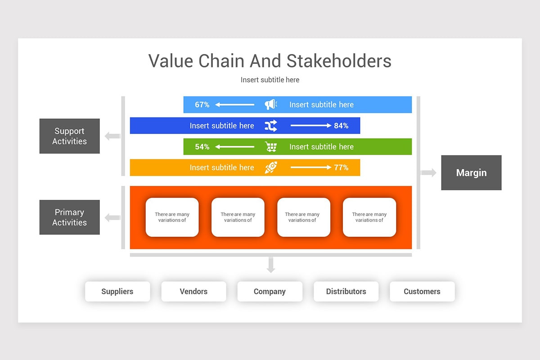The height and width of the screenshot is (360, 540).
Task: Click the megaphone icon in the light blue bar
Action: click(270, 104)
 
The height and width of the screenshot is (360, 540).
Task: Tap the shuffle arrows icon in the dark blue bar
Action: click(270, 126)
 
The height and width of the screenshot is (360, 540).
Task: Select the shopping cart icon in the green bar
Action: click(270, 147)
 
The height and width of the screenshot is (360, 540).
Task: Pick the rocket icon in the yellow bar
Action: click(270, 167)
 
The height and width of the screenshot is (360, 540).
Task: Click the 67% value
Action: click(202, 104)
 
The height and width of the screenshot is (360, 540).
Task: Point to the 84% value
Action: click(341, 126)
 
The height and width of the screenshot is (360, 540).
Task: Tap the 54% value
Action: click(202, 147)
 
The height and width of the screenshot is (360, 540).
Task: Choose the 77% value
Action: click(341, 167)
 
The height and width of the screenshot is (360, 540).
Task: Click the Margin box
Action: click(471, 173)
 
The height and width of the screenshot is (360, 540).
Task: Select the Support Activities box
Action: click(69, 136)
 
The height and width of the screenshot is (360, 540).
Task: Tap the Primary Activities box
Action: click(69, 217)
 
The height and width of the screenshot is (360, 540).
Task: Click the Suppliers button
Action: click(117, 292)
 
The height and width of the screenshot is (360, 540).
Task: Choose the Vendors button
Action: click(193, 292)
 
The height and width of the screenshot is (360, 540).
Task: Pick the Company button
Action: click(270, 292)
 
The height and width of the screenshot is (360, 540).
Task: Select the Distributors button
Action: click(346, 292)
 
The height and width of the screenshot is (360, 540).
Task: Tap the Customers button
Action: click(422, 292)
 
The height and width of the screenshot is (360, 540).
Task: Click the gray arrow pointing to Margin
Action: click(428, 173)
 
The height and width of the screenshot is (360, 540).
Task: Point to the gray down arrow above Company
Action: click(270, 265)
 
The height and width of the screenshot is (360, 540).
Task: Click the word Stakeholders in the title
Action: click(339, 61)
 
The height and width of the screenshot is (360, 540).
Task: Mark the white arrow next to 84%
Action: click(310, 126)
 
